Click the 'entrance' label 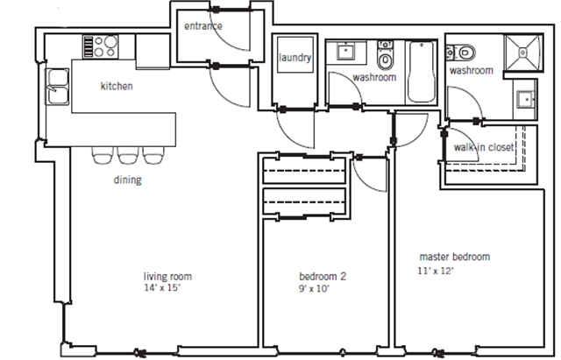pos(202,26)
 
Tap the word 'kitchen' pos(117,86)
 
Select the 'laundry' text pos(295,58)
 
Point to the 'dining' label pos(128,180)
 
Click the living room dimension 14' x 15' pos(162,288)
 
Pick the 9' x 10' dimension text pos(314,288)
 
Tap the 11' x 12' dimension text pos(436,271)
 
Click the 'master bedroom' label pos(454,257)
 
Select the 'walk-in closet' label pos(484,147)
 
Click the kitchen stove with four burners pos(101,46)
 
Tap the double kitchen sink pos(57,87)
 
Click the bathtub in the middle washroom pos(422,72)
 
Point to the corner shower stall pos(523,53)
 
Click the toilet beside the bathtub pos(385,55)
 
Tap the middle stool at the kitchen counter pos(128,155)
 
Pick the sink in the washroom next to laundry pos(345,51)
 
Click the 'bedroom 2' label pos(323,276)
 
